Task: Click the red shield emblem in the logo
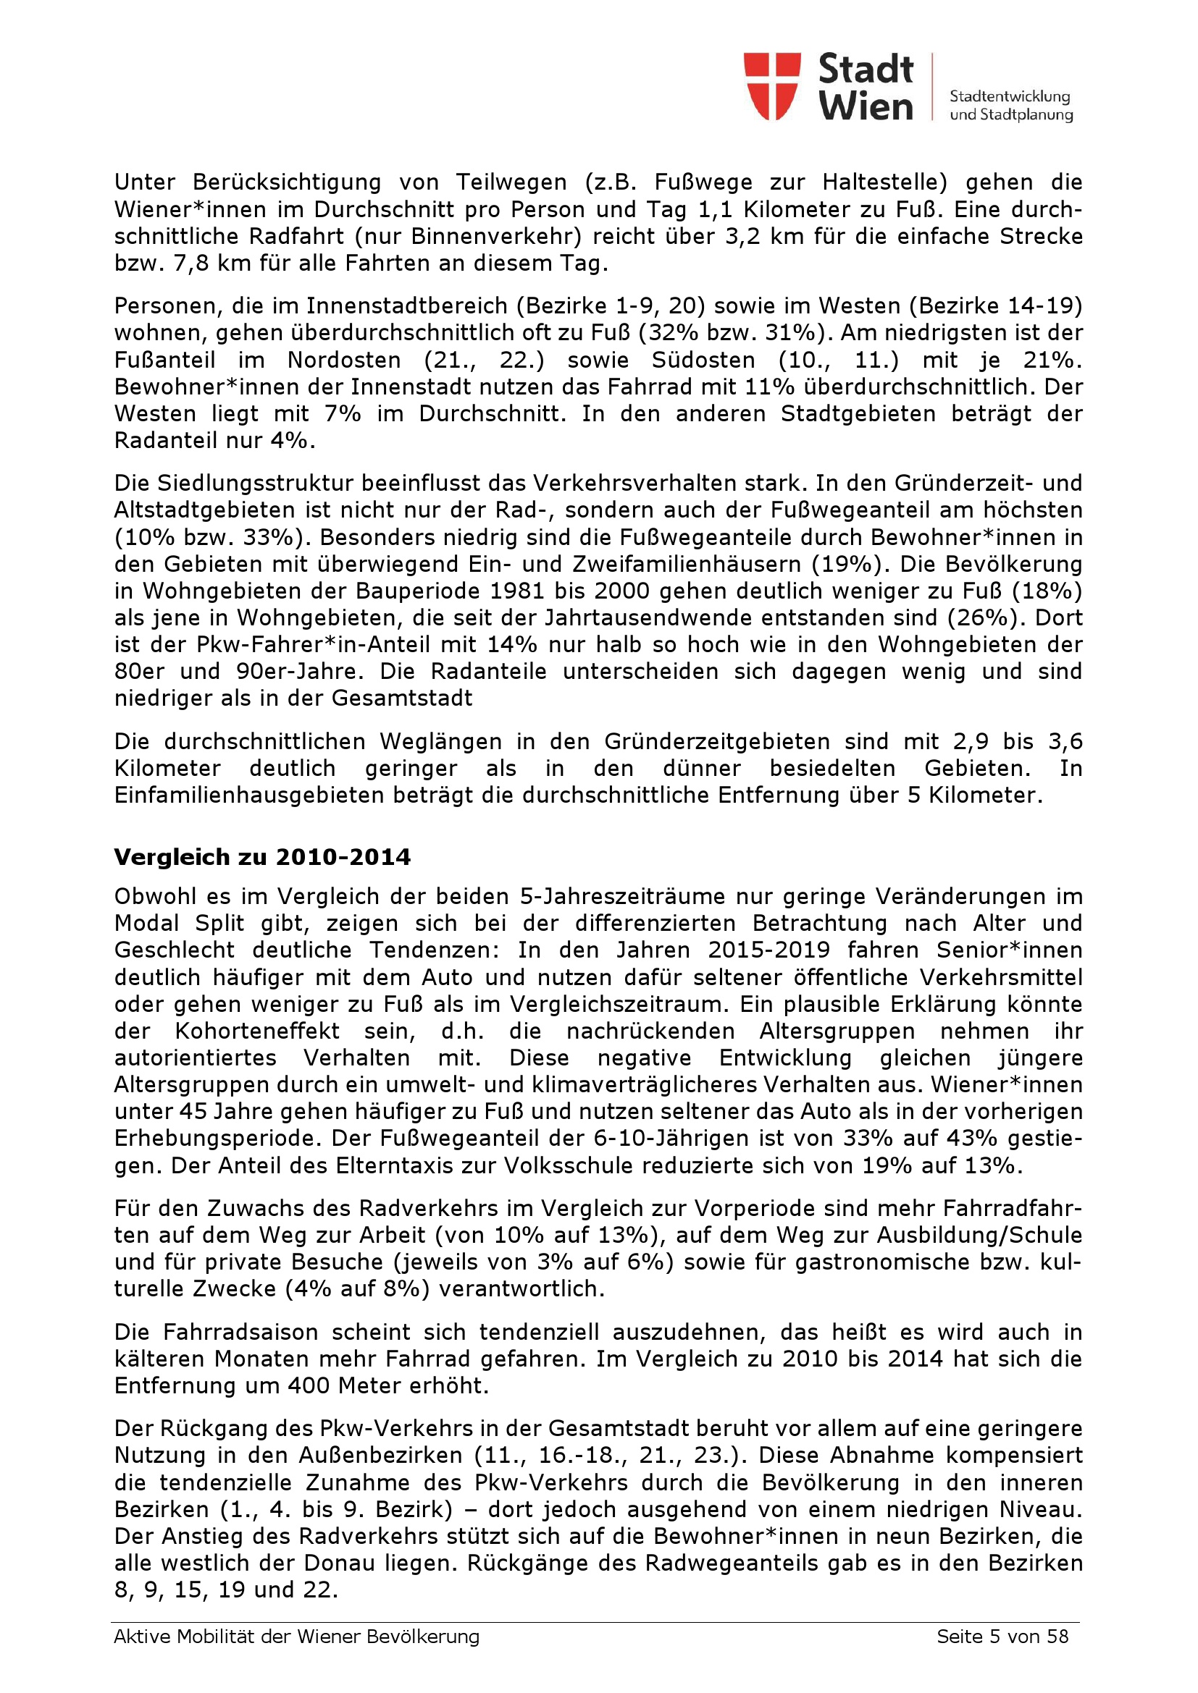pyautogui.click(x=771, y=85)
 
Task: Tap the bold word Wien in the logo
pyautogui.click(x=866, y=106)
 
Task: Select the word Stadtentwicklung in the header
pyautogui.click(x=1009, y=96)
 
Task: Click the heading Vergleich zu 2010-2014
pyautogui.click(x=262, y=857)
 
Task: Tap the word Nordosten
pyautogui.click(x=344, y=360)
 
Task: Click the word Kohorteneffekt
pyautogui.click(x=257, y=1031)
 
